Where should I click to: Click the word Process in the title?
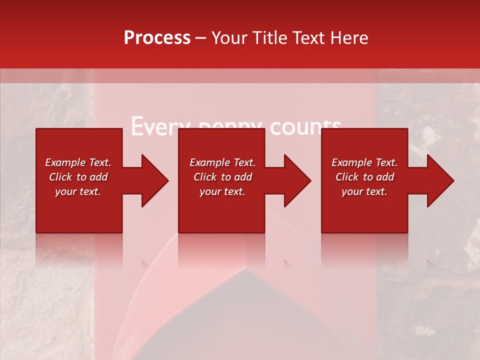click(x=157, y=38)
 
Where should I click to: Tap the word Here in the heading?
click(x=350, y=38)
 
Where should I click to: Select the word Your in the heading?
click(x=229, y=38)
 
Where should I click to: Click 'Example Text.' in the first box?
click(x=78, y=162)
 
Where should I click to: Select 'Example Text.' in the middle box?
click(x=222, y=162)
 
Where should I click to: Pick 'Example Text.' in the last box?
click(x=364, y=162)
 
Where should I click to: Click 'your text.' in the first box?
click(x=78, y=191)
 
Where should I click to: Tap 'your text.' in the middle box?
click(x=222, y=191)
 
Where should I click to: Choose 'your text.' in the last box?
click(x=364, y=191)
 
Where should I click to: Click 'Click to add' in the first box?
click(x=78, y=177)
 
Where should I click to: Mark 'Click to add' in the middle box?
click(x=222, y=177)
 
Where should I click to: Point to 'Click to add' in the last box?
click(x=364, y=177)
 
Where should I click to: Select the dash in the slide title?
click(x=201, y=38)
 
